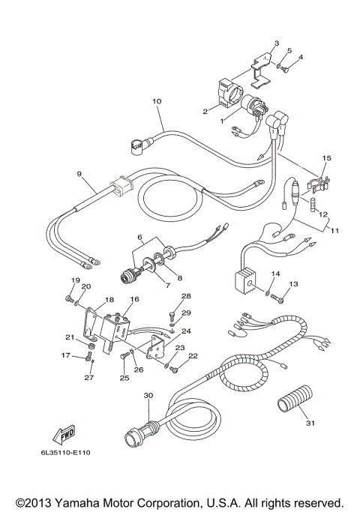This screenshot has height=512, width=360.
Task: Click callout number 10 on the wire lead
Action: click(x=157, y=100)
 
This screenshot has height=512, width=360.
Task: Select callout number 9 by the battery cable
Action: click(x=79, y=173)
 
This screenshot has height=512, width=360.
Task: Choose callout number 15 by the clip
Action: click(x=326, y=159)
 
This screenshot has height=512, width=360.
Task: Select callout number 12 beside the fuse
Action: click(x=323, y=214)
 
